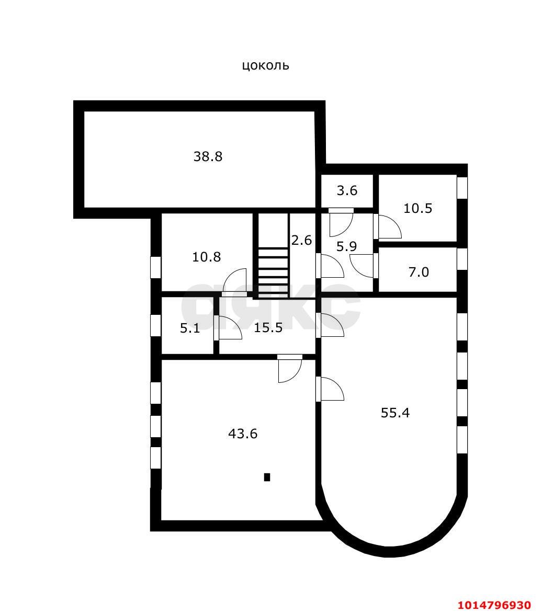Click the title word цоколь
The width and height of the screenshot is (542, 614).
pyautogui.click(x=265, y=66)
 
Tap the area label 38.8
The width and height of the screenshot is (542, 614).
pyautogui.click(x=208, y=156)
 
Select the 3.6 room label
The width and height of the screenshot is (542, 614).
pyautogui.click(x=347, y=191)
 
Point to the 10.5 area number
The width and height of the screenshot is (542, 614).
pyautogui.click(x=417, y=208)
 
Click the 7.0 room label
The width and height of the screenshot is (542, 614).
pyautogui.click(x=418, y=272)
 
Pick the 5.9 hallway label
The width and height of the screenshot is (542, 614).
pyautogui.click(x=346, y=246)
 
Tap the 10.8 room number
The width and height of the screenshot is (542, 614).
pyautogui.click(x=206, y=257)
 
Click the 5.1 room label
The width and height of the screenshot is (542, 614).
pyautogui.click(x=189, y=328)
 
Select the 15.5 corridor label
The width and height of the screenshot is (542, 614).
pyautogui.click(x=268, y=328)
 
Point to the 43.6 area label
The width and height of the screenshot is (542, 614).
pyautogui.click(x=243, y=434)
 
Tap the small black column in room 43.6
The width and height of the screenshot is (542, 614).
pyautogui.click(x=267, y=477)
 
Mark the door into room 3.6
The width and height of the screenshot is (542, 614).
pyautogui.click(x=341, y=221)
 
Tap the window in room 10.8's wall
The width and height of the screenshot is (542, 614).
pyautogui.click(x=155, y=267)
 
